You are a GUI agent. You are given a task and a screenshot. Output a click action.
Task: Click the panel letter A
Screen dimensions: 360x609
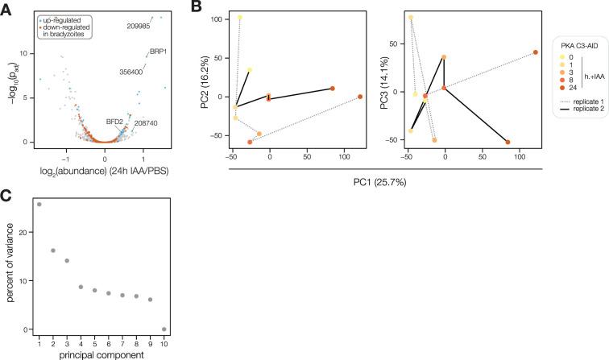coord(6,6)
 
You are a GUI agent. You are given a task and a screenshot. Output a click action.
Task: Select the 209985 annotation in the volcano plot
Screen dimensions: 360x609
coord(140,27)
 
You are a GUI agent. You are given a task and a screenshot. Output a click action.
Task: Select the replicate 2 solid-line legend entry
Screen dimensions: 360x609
coord(572,114)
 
